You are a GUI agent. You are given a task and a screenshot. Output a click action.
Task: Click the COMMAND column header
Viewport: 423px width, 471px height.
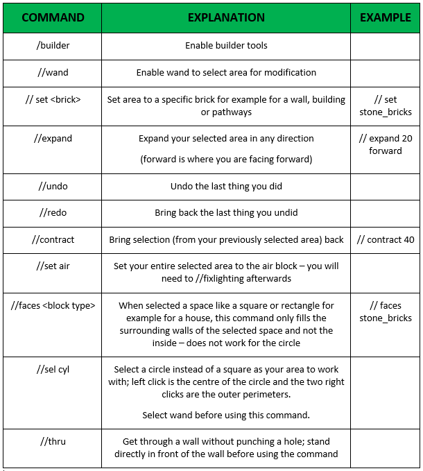53,18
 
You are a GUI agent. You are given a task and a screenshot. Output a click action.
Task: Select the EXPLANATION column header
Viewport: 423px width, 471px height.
226,18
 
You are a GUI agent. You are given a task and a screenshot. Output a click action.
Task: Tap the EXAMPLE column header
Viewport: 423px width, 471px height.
386,18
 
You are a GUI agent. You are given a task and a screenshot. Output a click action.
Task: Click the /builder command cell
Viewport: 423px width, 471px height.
53,46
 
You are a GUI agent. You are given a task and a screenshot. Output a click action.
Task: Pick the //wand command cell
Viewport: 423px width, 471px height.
53,72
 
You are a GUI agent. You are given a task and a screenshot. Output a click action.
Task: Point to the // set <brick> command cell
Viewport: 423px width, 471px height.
53,99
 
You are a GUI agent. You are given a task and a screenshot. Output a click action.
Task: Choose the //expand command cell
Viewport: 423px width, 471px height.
53,138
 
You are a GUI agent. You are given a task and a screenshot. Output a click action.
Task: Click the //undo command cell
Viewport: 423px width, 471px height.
53,187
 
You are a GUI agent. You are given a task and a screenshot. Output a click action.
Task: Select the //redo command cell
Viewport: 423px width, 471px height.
53,213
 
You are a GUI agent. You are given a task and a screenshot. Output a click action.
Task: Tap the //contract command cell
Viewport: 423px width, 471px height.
53,239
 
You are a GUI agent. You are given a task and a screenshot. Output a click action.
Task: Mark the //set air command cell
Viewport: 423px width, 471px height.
53,266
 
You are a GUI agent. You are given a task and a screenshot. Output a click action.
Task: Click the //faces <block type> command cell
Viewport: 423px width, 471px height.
53,305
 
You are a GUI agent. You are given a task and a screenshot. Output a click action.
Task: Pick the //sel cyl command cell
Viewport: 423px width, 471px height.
53,370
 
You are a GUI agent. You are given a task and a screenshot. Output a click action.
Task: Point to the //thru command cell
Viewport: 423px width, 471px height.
53,441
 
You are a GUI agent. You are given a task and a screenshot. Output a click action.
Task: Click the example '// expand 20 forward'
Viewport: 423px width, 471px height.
386,144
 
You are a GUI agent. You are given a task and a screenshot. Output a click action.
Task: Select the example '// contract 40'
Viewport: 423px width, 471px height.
386,240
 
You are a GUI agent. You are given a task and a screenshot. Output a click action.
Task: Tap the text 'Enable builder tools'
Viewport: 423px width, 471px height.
226,46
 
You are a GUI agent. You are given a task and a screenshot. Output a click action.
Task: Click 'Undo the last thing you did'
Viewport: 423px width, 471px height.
226,187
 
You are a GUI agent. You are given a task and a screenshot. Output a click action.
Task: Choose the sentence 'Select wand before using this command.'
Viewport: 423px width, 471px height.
226,415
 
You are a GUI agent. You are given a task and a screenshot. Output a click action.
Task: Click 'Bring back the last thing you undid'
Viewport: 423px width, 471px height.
226,213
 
